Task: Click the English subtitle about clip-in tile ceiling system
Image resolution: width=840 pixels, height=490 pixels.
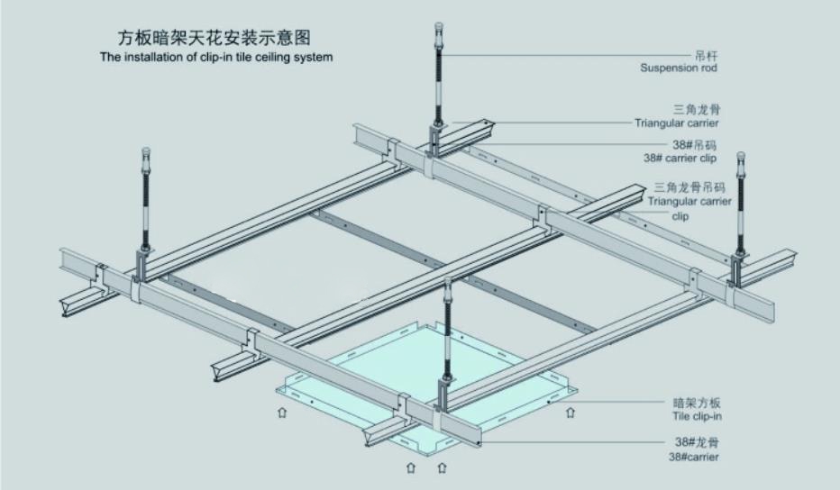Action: coord(216,57)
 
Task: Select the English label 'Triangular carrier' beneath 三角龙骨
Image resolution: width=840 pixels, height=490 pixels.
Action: coord(676,122)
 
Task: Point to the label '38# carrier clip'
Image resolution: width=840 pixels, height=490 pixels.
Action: coord(680,157)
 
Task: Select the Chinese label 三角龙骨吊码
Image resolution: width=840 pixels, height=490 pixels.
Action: coord(689,187)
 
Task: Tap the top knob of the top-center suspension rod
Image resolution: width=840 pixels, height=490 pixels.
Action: coord(439,27)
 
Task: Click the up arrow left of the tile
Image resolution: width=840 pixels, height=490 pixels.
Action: coord(281,413)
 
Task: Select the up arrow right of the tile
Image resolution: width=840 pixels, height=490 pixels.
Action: coord(571,413)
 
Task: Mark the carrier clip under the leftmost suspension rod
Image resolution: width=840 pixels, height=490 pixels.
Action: coord(144,266)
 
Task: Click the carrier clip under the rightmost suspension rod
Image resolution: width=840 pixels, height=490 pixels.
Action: coord(739,268)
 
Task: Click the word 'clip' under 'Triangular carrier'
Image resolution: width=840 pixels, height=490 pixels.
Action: coord(680,216)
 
